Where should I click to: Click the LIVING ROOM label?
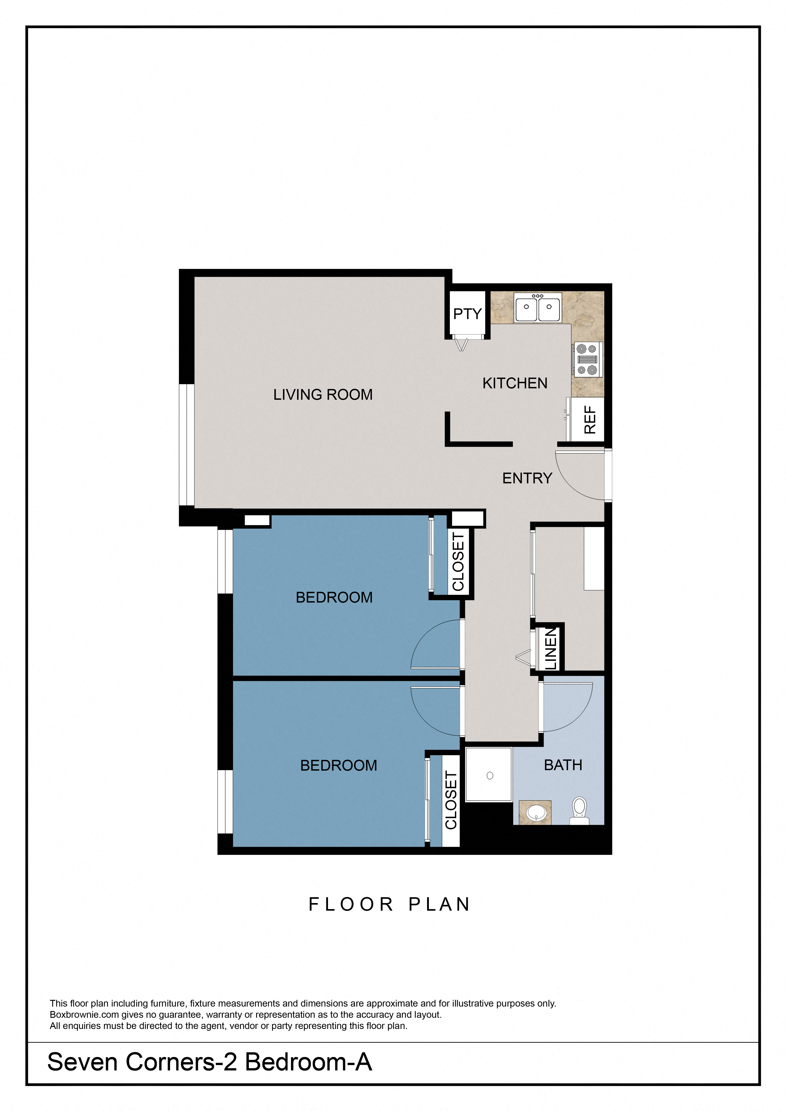pos(323,395)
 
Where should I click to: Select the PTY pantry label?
pos(467,314)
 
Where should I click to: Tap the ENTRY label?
pos(527,478)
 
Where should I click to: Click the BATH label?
pos(563,765)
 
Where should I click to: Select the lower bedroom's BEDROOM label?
pos(338,765)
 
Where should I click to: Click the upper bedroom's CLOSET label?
pos(458,562)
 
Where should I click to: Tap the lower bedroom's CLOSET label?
pos(451,800)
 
